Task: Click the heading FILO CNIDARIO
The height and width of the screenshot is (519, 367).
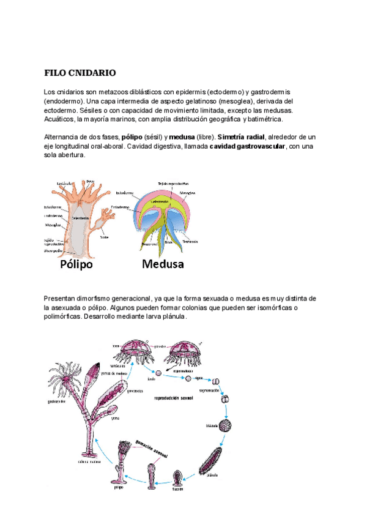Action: [x=80, y=73]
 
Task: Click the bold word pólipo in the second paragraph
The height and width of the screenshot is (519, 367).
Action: [x=133, y=136]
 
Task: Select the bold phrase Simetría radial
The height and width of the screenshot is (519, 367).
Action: [x=242, y=136]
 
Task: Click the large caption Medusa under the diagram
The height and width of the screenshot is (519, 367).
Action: [x=163, y=265]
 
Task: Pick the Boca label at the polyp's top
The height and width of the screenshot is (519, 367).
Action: [x=90, y=181]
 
